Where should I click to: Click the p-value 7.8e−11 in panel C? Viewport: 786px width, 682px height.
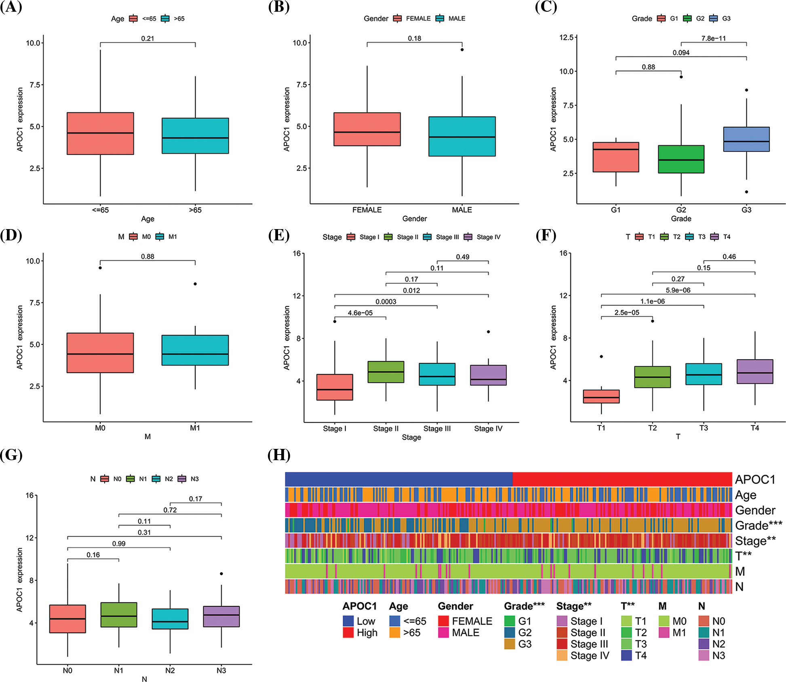pos(713,38)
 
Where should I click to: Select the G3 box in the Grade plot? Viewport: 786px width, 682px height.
pos(746,139)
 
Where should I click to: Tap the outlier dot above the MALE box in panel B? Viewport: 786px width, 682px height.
pos(462,50)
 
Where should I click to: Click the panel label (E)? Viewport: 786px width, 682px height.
pos(279,235)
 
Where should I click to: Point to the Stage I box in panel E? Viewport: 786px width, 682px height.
pos(335,387)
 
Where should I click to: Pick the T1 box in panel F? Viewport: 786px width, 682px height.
pos(601,396)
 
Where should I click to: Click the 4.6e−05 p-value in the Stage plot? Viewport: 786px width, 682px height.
pos(360,313)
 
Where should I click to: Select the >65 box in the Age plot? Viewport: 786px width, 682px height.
pos(195,136)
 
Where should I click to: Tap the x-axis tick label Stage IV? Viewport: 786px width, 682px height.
pos(488,428)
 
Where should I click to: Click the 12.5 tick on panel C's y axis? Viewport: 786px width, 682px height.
pos(566,37)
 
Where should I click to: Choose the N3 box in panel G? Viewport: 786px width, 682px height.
pos(221,616)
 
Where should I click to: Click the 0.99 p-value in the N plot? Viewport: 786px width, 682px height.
pos(119,543)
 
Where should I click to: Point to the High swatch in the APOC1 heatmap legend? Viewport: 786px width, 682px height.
pos(348,632)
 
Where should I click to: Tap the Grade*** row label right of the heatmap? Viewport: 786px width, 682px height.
pos(758,525)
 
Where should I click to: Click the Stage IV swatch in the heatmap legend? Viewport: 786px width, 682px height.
pos(562,655)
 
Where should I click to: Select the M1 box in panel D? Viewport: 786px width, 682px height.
pos(195,350)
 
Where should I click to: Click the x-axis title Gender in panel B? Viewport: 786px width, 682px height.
pos(414,219)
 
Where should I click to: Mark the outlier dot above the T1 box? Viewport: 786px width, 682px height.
pos(601,356)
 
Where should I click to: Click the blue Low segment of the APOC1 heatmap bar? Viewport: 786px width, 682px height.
pos(398,479)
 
